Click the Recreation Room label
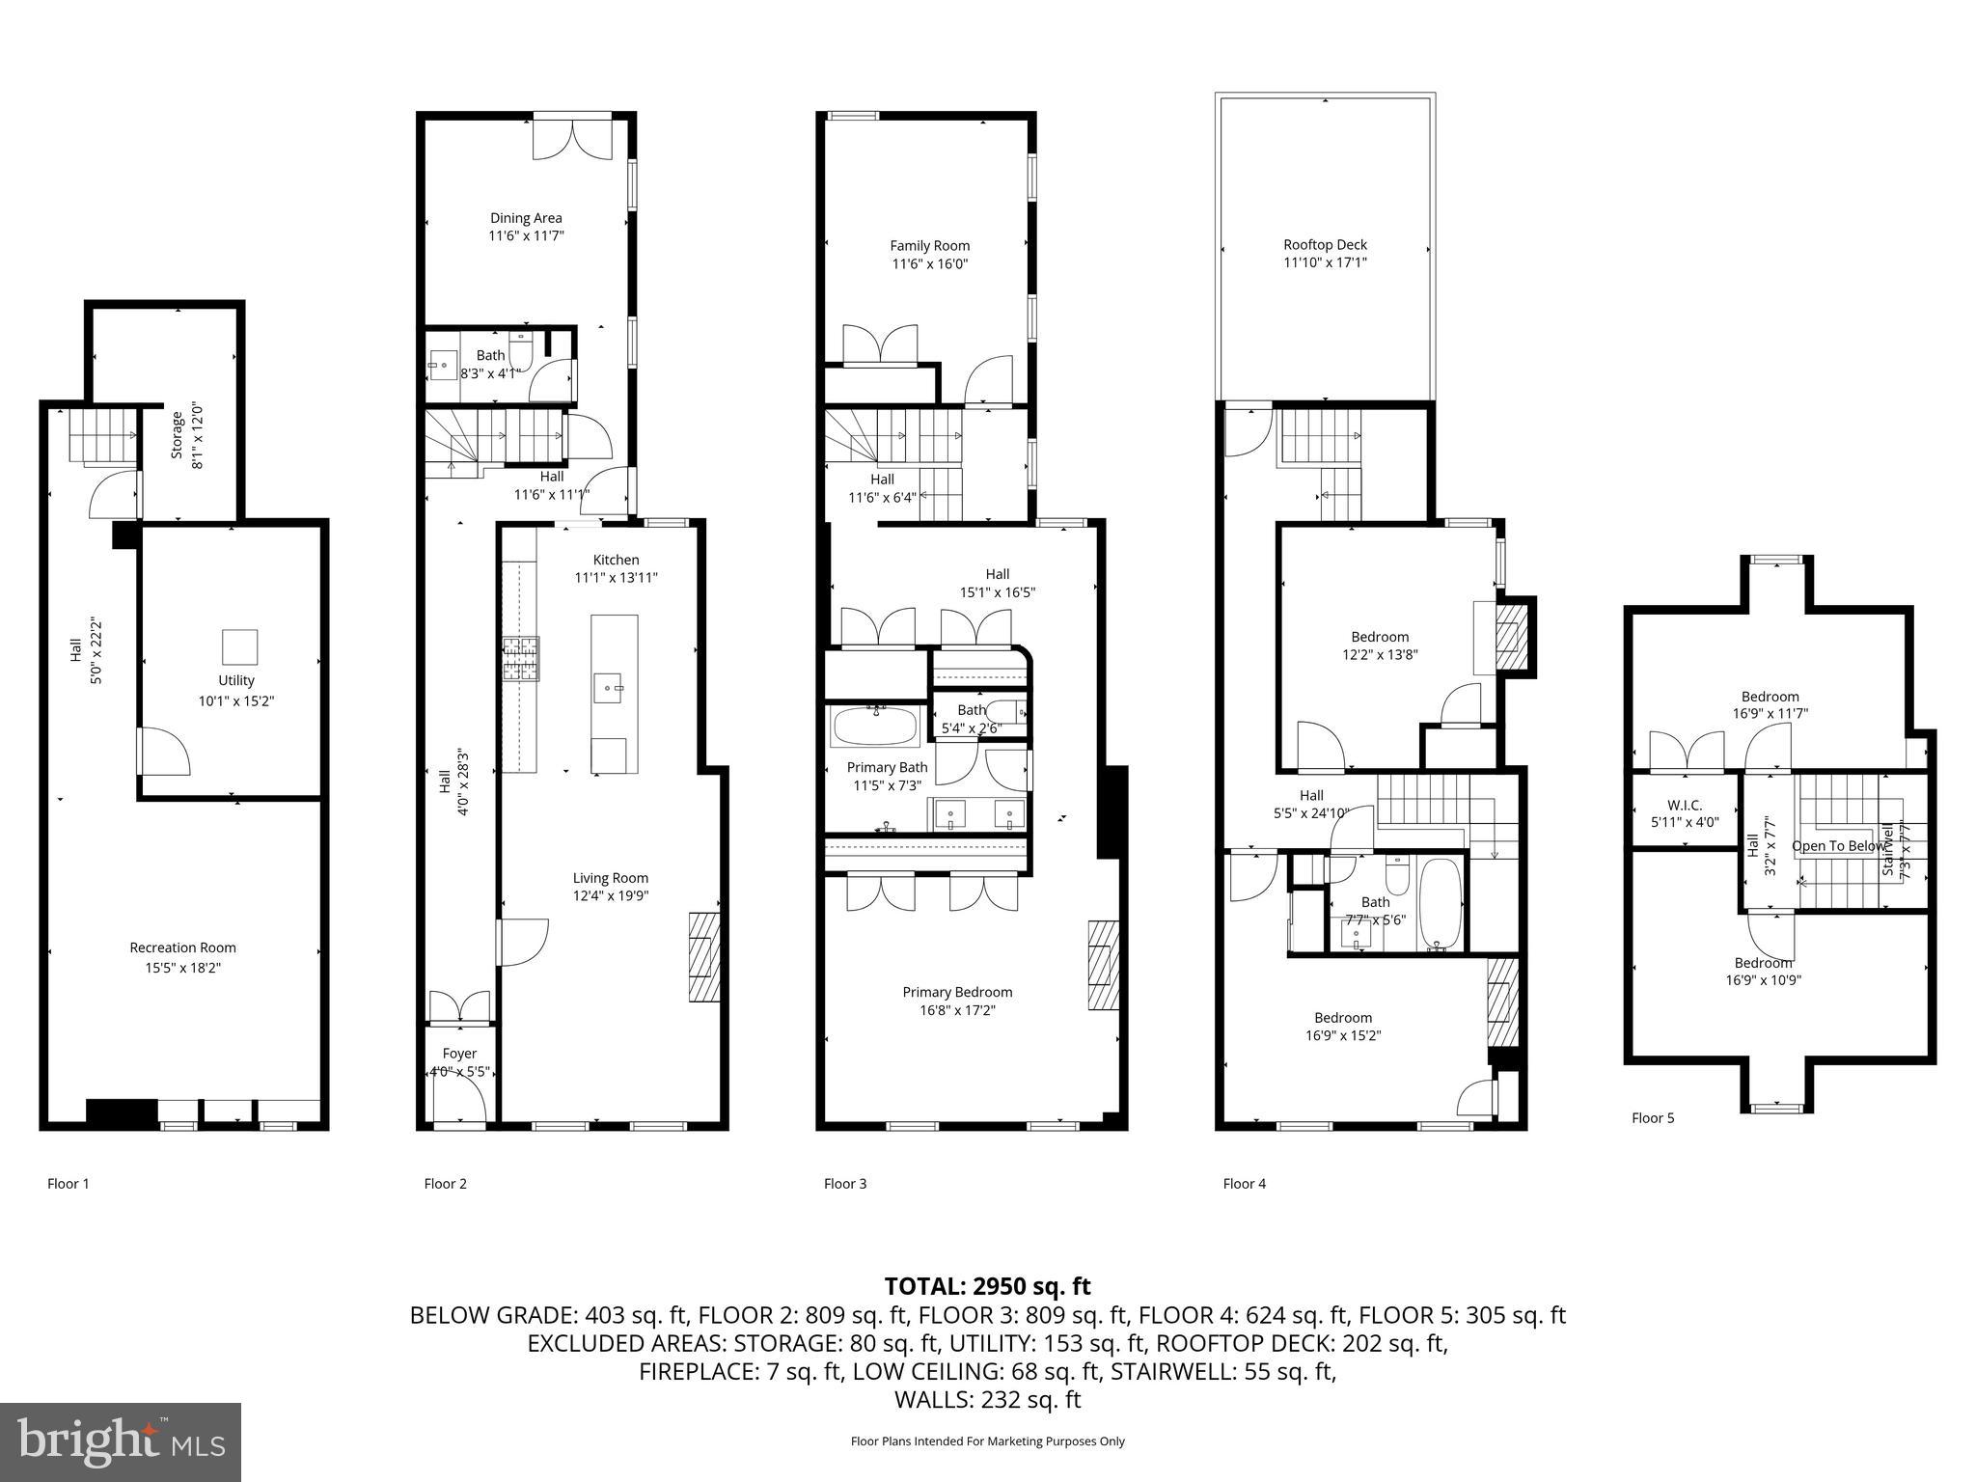[182, 947]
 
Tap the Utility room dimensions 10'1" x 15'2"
[236, 701]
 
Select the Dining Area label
[526, 218]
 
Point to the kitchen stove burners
[520, 660]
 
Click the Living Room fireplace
[704, 958]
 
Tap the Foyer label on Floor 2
[459, 1054]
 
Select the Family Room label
[929, 246]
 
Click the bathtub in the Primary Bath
[875, 728]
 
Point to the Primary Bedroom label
[957, 992]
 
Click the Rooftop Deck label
[1325, 245]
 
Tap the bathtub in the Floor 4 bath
[1441, 905]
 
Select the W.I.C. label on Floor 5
[1685, 805]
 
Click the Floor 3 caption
[845, 1183]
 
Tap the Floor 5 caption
[1653, 1117]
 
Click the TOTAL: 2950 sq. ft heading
[987, 1286]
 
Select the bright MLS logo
[121, 1441]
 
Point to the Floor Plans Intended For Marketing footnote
[987, 1441]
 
